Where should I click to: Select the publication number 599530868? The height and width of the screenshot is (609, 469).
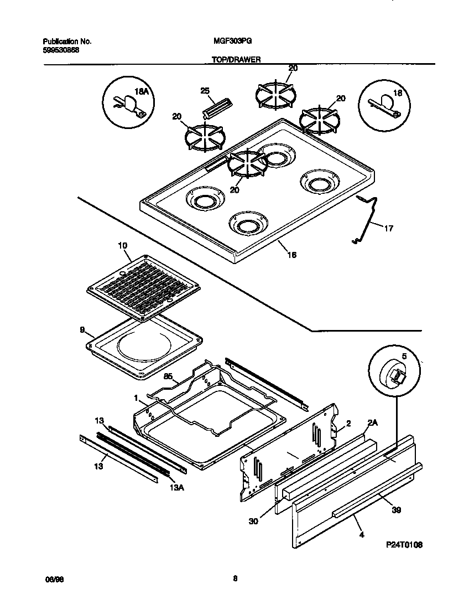point(61,50)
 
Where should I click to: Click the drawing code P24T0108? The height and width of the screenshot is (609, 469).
point(404,545)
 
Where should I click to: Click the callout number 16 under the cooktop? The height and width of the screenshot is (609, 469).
point(291,255)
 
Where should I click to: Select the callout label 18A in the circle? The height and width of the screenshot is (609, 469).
point(143,91)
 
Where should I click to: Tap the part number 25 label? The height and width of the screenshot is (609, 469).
point(205,91)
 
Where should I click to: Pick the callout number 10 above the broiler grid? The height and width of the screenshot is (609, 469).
point(122,245)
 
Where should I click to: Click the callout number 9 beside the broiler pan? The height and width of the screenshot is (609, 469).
point(82,330)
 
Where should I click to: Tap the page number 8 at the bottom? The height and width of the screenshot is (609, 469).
point(234,579)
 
